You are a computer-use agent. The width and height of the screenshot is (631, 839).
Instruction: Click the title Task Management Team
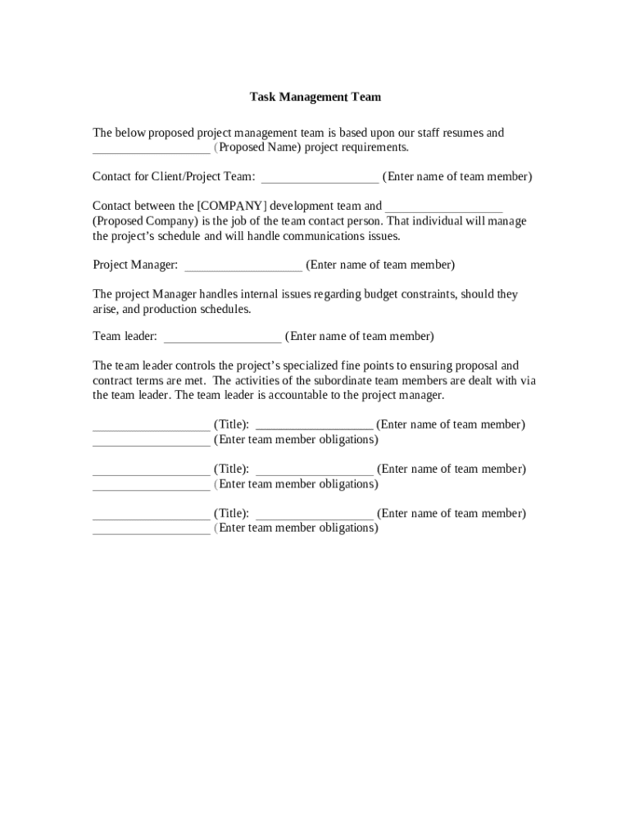point(315,97)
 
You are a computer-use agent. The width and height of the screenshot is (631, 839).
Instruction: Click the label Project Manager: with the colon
point(135,265)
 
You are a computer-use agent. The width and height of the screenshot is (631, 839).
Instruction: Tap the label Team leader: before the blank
point(125,337)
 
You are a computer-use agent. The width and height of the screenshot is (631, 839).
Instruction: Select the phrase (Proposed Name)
point(258,147)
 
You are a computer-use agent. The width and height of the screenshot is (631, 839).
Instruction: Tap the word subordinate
point(347,381)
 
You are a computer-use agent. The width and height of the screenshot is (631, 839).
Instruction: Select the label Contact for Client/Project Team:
point(174,177)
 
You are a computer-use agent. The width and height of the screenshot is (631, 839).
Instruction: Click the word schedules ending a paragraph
point(224,310)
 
